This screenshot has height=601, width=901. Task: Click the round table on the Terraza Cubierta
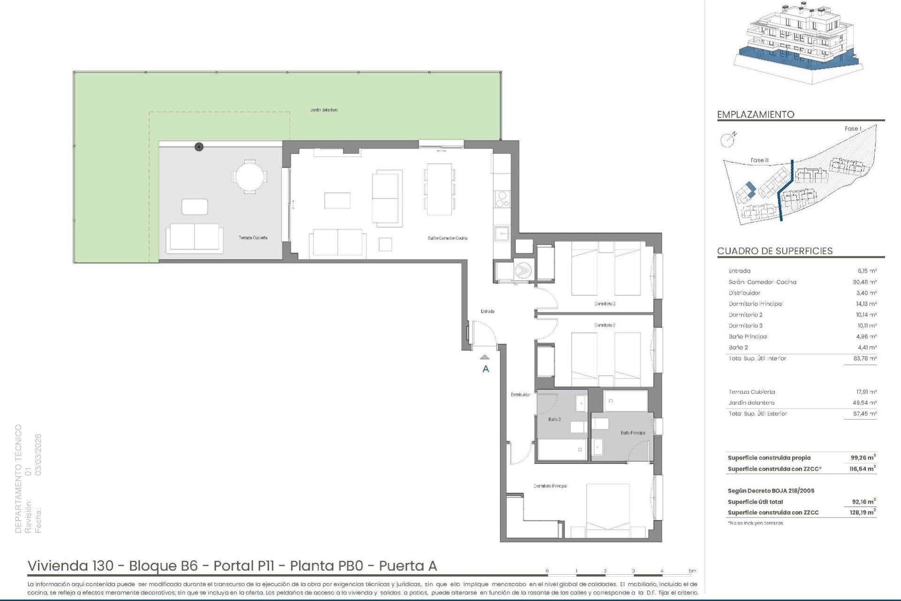pos(249,177)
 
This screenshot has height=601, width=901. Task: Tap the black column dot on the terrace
pos(199,147)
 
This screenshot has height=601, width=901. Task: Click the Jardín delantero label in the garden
pos(324,110)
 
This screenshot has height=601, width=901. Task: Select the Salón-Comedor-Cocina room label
pos(447,238)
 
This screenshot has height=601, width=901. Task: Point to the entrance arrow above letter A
pos(485,357)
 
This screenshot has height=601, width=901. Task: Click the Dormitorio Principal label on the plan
pos(550,486)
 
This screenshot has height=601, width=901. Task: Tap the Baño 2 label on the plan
pos(554,419)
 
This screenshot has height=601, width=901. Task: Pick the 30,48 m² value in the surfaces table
pos(866,282)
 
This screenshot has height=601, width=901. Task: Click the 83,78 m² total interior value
pos(866,359)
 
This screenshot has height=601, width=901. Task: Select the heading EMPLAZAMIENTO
pos(756,115)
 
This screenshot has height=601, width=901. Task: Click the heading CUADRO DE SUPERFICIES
pos(775,251)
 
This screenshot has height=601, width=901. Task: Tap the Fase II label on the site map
pos(759,160)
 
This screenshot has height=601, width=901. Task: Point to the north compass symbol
pos(727,139)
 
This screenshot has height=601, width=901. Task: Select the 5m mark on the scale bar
pos(692,571)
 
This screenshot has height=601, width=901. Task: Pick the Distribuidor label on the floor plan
pos(520,395)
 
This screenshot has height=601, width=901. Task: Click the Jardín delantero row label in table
pos(751,403)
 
